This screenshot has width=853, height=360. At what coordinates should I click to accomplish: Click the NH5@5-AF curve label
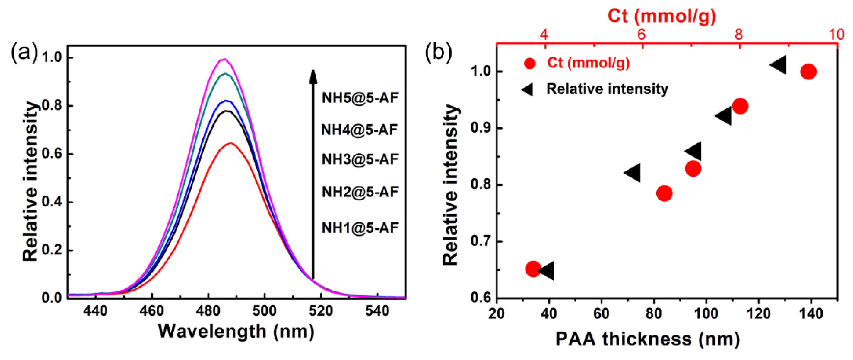pyautogui.click(x=360, y=98)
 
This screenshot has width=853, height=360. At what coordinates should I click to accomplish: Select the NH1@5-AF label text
pyautogui.click(x=360, y=228)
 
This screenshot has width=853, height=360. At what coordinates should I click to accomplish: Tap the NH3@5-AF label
pyautogui.click(x=360, y=159)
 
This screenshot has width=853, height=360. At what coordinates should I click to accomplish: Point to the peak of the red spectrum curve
pyautogui.click(x=231, y=143)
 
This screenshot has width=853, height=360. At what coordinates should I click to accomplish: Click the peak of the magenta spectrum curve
pyautogui.click(x=224, y=59)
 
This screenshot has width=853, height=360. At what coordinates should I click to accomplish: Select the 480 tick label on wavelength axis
pyautogui.click(x=208, y=311)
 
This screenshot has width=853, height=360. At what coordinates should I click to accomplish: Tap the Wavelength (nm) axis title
pyautogui.click(x=236, y=331)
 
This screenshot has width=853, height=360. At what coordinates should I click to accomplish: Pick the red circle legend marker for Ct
pyautogui.click(x=530, y=63)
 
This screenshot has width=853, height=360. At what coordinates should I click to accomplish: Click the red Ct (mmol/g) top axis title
pyautogui.click(x=662, y=16)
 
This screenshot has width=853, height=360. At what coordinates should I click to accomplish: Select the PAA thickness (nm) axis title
pyautogui.click(x=647, y=339)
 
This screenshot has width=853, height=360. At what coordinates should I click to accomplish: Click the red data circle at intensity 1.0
pyautogui.click(x=808, y=72)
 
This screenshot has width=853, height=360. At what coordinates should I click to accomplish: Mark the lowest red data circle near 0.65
pyautogui.click(x=533, y=269)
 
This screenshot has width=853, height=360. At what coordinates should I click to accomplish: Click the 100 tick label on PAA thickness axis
pyautogui.click(x=706, y=313)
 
